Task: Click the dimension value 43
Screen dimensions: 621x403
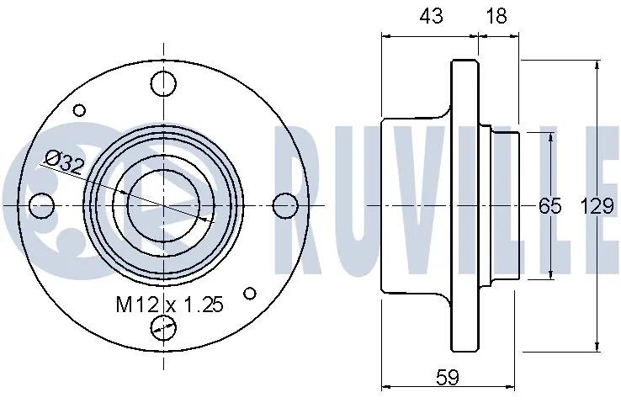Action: tap(432, 16)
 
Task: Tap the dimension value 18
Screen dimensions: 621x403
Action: tap(496, 16)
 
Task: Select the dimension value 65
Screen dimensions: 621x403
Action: tap(550, 206)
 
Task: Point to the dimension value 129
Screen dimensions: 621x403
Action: tap(597, 206)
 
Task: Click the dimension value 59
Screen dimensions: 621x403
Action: tap(448, 377)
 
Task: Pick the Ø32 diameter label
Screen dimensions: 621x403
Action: tap(64, 162)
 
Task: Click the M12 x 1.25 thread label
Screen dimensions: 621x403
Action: tap(170, 305)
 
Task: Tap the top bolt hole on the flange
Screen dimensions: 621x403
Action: tap(163, 83)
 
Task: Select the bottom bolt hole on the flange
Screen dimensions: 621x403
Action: tap(163, 328)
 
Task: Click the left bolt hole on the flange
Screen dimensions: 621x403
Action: tap(41, 206)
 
